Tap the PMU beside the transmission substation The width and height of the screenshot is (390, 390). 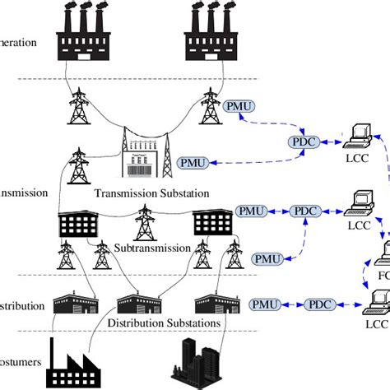(x=192, y=163)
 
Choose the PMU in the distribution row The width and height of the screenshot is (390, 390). (x=264, y=305)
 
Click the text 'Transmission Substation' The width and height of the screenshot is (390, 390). (x=152, y=193)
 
